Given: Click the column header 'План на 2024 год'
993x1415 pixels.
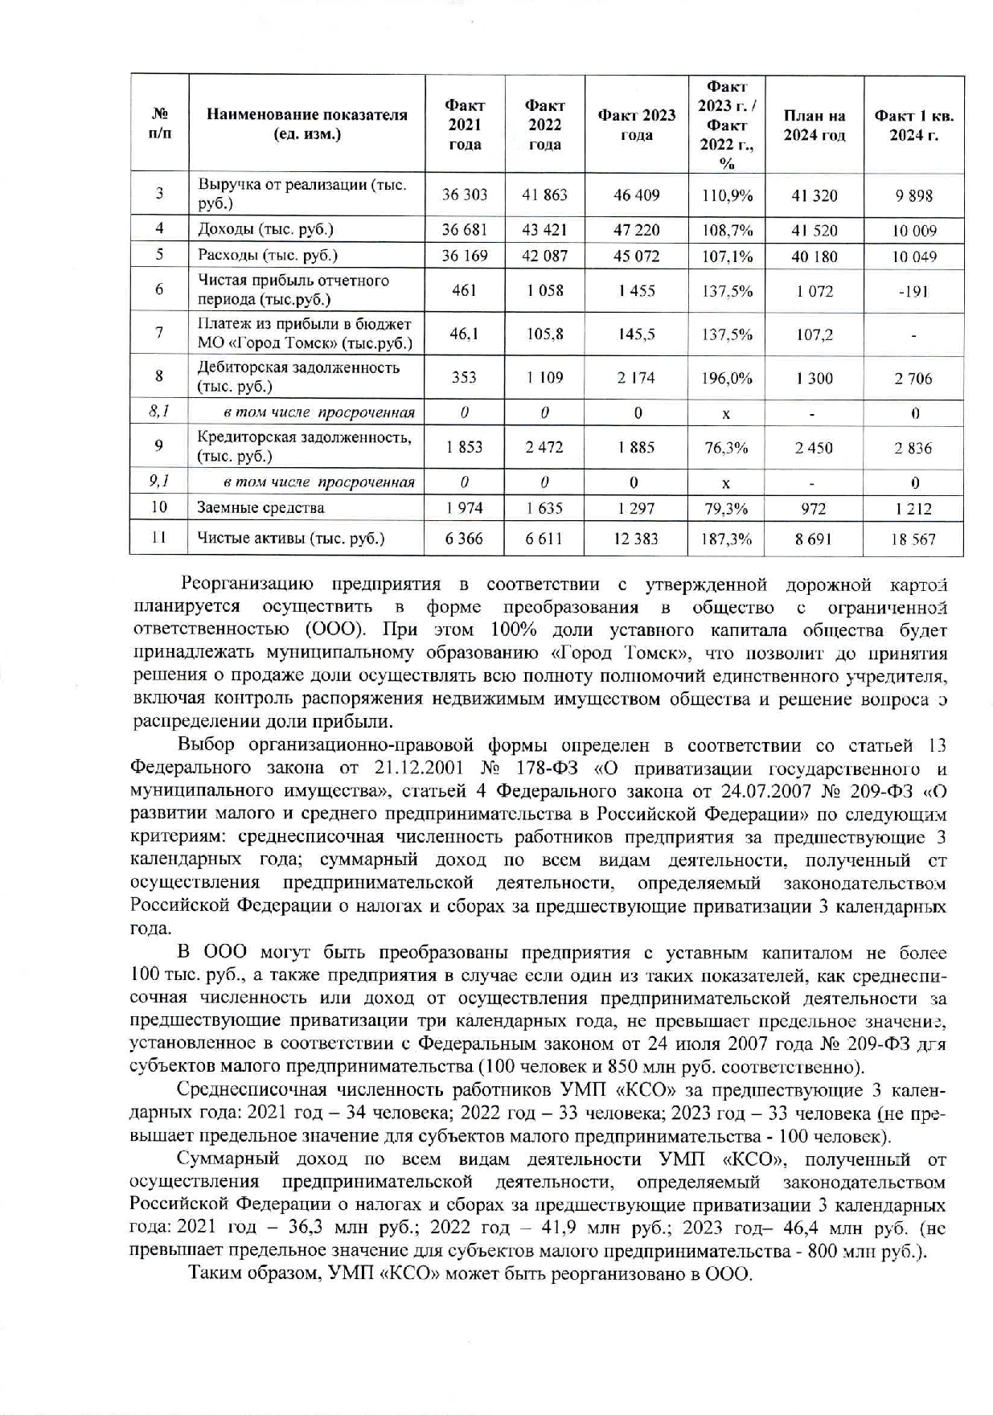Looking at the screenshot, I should tap(814, 125).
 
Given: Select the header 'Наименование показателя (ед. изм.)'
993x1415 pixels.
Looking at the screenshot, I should tap(306, 125).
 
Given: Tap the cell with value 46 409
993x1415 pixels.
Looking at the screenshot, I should tap(636, 195).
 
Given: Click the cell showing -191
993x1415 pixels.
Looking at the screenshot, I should tap(913, 291).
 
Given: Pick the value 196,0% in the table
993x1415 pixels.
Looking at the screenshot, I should tap(726, 378).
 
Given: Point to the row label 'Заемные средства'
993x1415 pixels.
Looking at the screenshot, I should tap(261, 507).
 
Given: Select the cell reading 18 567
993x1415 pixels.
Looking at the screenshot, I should tap(913, 539).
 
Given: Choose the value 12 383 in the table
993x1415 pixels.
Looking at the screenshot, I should tap(635, 539).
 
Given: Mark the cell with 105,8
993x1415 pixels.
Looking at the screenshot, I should tap(544, 334).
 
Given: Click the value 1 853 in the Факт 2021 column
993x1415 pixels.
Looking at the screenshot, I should tap(464, 447).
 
